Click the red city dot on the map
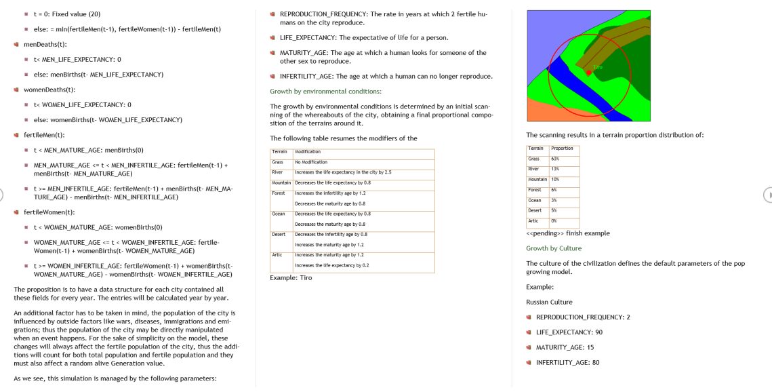pos(588,72)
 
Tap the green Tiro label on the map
pos(597,67)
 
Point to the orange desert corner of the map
pos(542,112)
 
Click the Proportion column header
pos(563,149)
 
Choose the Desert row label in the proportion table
pos(535,210)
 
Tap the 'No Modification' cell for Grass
pos(311,162)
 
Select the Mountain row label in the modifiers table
pos(281,183)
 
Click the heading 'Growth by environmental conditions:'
pos(325,91)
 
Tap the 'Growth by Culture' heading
pos(554,248)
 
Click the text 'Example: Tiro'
pos(291,277)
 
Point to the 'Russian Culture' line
pos(549,302)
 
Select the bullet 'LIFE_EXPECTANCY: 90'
pos(569,332)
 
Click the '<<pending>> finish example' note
pos(567,233)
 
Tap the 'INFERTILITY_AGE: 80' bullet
pos(567,362)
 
